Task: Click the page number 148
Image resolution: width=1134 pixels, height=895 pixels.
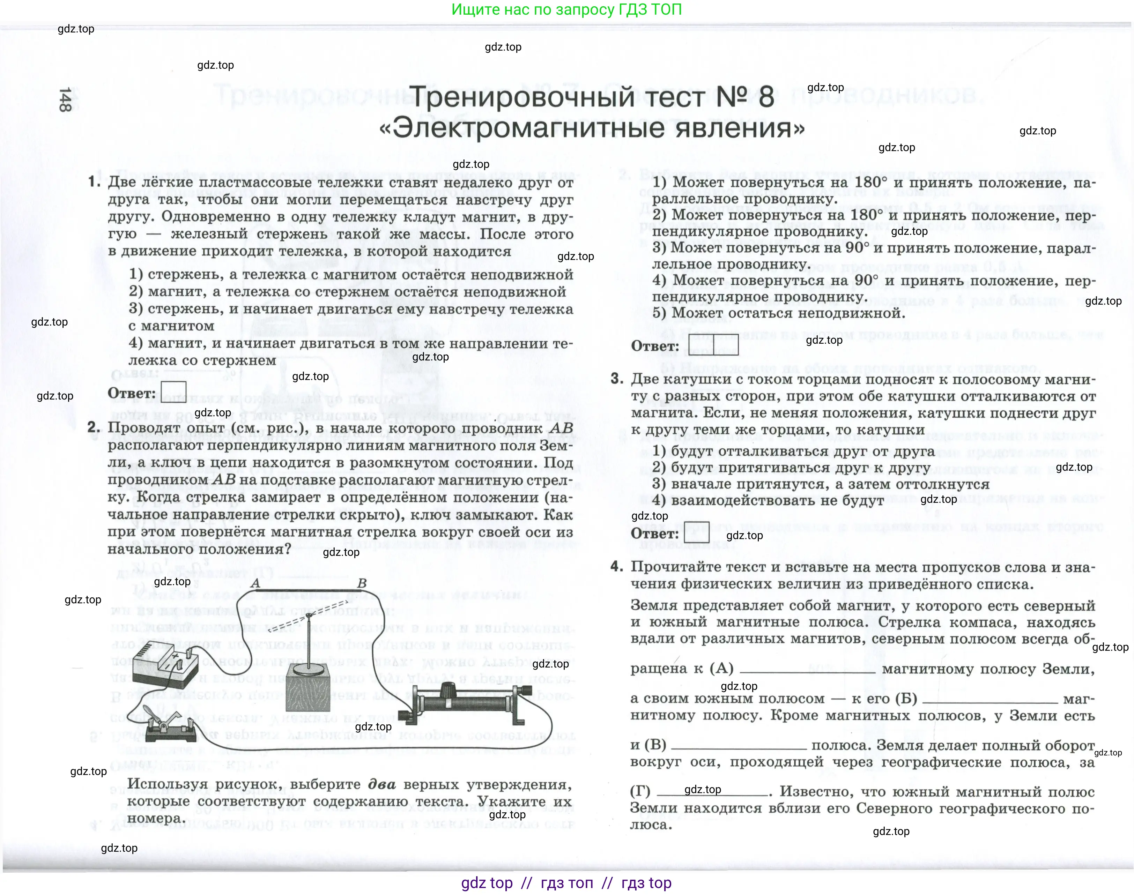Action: click(65, 99)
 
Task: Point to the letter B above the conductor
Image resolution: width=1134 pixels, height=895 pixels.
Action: click(362, 583)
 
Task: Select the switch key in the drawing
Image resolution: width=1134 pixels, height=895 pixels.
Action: click(168, 726)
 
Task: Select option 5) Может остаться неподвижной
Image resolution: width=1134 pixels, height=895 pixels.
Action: click(778, 313)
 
